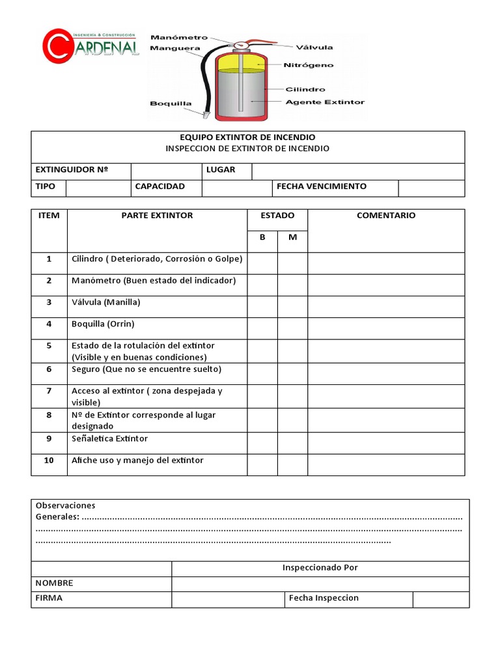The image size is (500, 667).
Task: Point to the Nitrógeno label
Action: (308, 65)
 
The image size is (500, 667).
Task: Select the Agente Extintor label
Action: (325, 102)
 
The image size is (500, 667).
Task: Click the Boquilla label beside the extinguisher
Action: (171, 103)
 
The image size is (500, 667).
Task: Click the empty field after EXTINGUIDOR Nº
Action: (166, 171)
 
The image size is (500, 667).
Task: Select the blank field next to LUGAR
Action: (358, 171)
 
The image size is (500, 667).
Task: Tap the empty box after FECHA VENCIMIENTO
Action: (432, 188)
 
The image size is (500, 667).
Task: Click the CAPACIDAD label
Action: (160, 187)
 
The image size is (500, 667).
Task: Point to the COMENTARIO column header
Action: (386, 216)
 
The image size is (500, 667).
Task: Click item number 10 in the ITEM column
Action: (49, 461)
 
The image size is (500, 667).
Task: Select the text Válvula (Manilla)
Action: (106, 302)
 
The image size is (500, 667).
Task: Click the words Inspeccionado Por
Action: (320, 567)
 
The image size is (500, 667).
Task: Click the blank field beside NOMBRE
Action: (320, 584)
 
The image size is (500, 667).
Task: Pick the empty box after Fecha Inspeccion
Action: (441, 599)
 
